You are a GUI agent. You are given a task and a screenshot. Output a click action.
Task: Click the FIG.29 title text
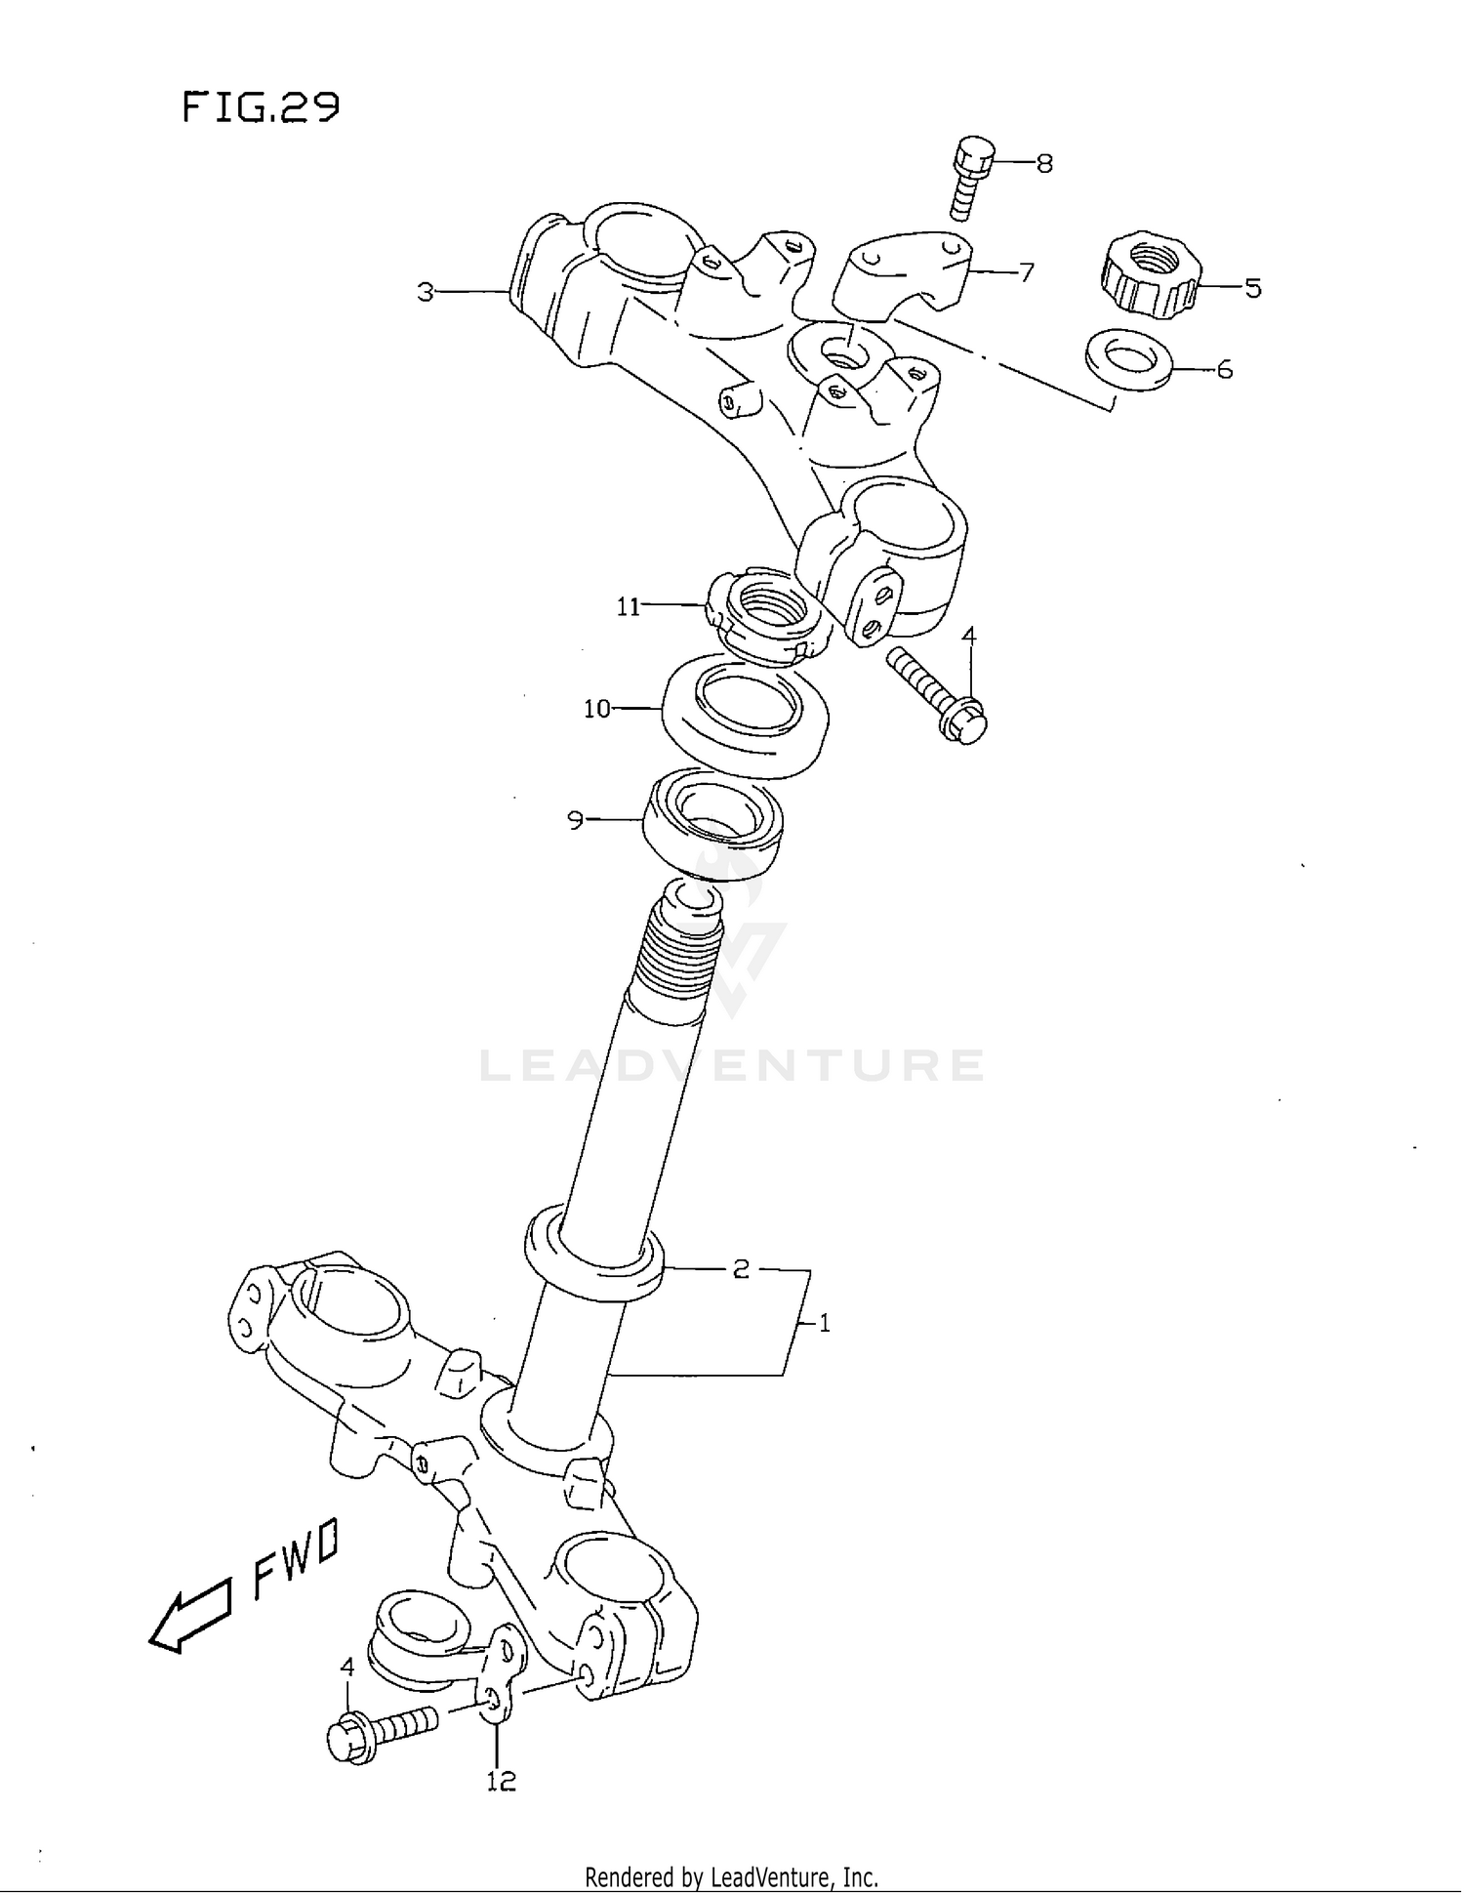point(261,106)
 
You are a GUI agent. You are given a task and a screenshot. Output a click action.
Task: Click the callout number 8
point(1044,163)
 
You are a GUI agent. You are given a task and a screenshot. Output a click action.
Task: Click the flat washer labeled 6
point(1129,360)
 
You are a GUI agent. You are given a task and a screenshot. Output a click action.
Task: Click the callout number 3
point(426,292)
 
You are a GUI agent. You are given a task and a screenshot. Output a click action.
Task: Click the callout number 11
point(628,607)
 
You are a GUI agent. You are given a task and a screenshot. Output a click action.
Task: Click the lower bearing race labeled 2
point(593,1259)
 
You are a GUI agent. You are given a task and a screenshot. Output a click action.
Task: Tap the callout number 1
point(825,1324)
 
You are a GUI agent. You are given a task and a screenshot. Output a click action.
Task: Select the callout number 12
point(501,1782)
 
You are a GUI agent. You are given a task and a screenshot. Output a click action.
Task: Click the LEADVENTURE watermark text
point(732,1066)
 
